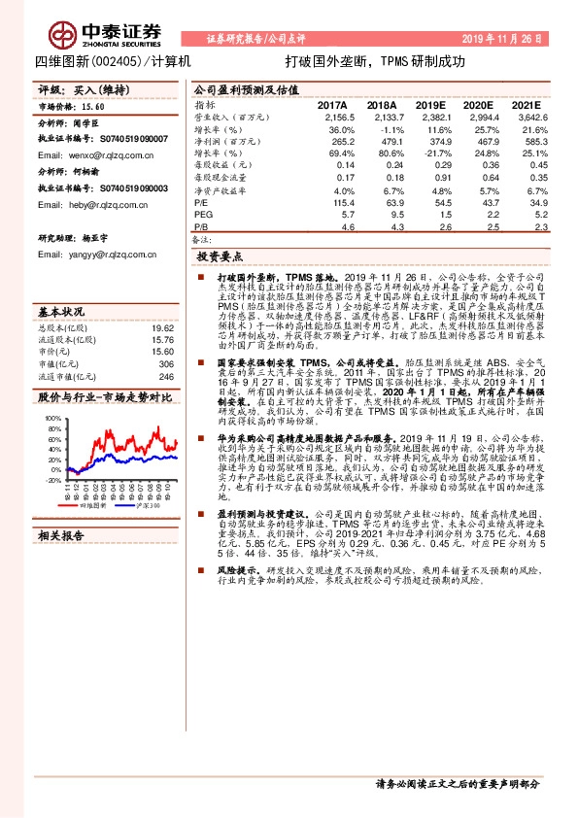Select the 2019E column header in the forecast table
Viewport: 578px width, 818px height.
tap(430, 104)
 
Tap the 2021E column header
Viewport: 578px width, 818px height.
tap(526, 104)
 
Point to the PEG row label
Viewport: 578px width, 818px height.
tap(203, 213)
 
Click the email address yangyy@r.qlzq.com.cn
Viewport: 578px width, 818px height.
tap(85, 255)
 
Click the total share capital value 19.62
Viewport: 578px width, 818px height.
tap(161, 328)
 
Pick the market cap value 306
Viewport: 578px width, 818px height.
tap(165, 364)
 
